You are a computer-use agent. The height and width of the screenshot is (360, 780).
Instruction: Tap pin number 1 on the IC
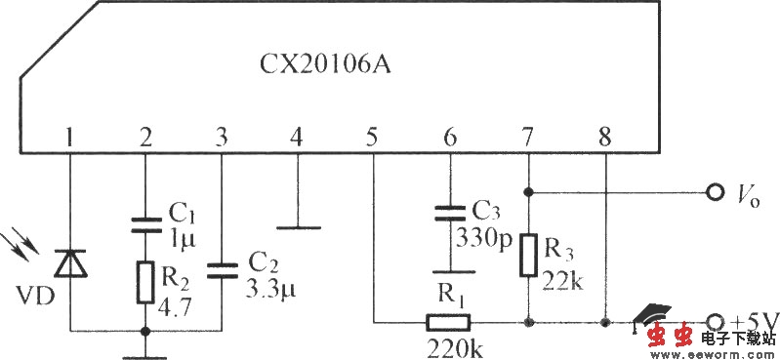click(69, 138)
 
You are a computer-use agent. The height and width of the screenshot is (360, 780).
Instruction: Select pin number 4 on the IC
click(296, 138)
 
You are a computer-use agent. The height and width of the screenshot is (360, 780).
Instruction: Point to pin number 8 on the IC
click(605, 138)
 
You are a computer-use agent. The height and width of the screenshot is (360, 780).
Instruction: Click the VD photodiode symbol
click(70, 264)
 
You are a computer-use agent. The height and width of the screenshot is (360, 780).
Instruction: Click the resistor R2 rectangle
click(145, 280)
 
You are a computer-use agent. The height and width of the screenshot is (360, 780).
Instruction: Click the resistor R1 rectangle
click(449, 320)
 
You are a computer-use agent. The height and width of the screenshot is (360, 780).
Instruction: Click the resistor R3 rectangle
click(528, 253)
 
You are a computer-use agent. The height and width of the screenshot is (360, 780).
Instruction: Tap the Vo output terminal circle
click(717, 191)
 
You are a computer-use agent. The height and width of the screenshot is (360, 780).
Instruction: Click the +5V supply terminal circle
click(716, 321)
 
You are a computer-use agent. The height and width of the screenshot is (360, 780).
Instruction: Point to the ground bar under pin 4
click(297, 228)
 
